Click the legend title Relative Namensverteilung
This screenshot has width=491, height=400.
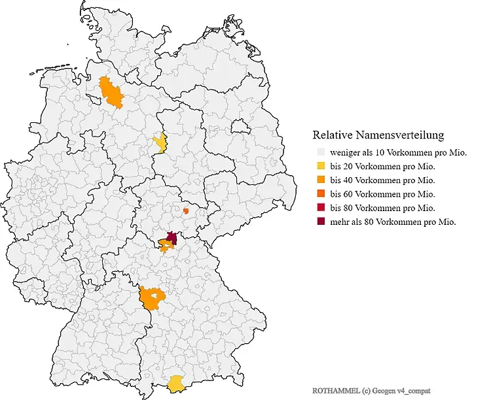(x=378, y=135)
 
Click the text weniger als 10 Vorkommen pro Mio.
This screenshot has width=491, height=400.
(x=398, y=153)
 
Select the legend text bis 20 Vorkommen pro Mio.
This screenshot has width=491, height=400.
(x=383, y=167)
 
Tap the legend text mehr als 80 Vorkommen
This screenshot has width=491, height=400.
(x=393, y=222)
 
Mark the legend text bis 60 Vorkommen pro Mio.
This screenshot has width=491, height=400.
(x=383, y=194)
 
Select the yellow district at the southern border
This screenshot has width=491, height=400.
(x=175, y=384)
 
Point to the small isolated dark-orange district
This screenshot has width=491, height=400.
(x=186, y=210)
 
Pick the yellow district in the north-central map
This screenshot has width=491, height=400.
(x=159, y=142)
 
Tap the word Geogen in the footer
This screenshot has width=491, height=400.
(x=385, y=390)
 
